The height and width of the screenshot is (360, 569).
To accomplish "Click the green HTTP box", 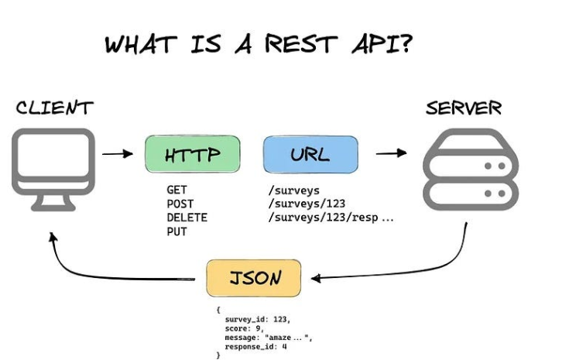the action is (x=193, y=154).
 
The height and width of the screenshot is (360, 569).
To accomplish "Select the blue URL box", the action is (x=310, y=154).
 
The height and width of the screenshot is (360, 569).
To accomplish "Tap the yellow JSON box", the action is (x=254, y=278).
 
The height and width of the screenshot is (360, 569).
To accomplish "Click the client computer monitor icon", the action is (x=53, y=170).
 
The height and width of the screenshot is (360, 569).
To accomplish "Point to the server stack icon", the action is (x=471, y=169).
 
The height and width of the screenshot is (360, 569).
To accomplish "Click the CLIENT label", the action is (x=54, y=108).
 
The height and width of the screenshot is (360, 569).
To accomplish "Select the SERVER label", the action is (x=464, y=108).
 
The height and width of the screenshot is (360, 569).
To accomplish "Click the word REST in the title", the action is (x=301, y=44).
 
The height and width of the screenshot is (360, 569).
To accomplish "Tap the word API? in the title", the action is (x=382, y=44).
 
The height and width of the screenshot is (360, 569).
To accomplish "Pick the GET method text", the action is (x=177, y=190).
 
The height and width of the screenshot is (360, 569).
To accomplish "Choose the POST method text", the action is (x=180, y=204).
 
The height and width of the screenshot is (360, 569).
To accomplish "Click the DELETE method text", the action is (x=187, y=218).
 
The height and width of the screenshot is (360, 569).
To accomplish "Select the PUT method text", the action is (x=177, y=231).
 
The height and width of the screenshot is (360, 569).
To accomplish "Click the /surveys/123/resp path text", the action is (x=323, y=218).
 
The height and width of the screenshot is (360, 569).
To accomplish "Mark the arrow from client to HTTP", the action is (x=118, y=154).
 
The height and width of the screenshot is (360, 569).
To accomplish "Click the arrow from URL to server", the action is (x=391, y=153).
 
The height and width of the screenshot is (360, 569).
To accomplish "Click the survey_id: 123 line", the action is (x=258, y=319).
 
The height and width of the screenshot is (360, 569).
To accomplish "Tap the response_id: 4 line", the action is (x=255, y=347).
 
